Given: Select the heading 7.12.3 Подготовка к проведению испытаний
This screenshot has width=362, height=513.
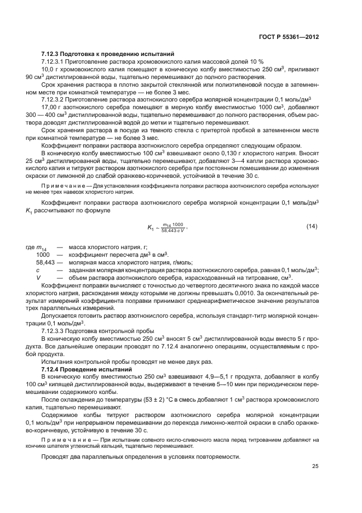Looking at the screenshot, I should point(107,55).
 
